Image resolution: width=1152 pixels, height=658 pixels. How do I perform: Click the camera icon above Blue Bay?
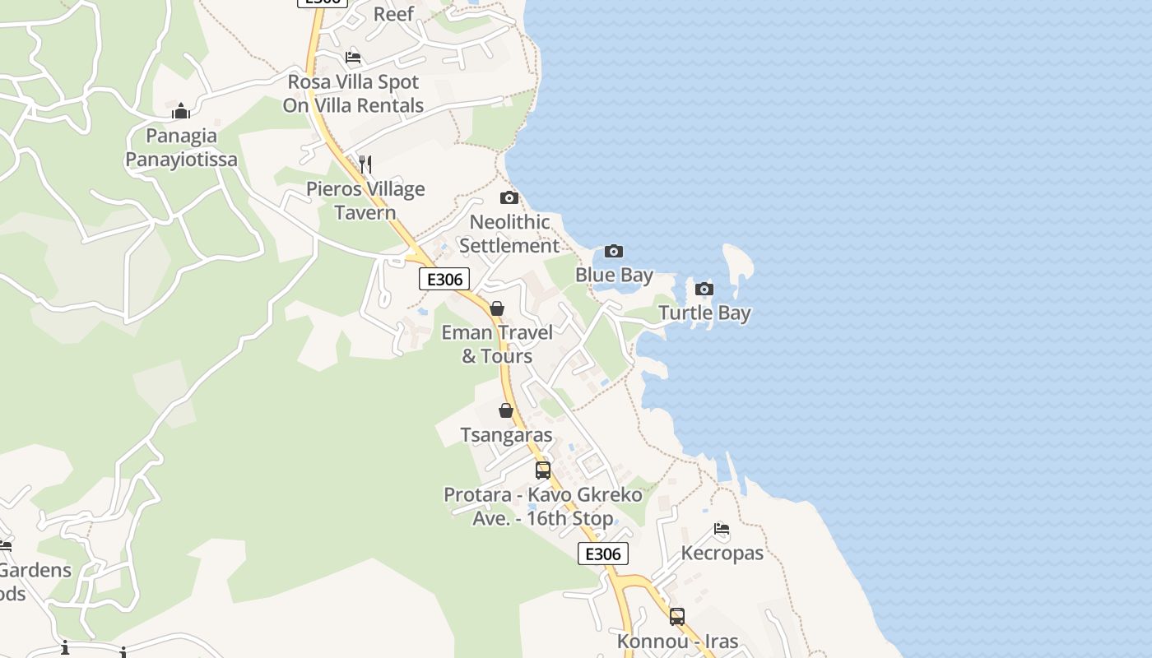[x=614, y=251]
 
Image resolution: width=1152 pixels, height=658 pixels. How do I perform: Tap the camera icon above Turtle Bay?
[x=704, y=289]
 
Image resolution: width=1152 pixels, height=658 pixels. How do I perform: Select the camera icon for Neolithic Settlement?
[x=509, y=197]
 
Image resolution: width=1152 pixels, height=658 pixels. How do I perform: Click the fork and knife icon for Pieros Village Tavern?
[x=365, y=164]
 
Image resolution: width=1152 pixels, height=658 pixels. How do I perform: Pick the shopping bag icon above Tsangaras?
[x=506, y=410]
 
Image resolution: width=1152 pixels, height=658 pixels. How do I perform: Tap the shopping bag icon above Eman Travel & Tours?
[x=497, y=308]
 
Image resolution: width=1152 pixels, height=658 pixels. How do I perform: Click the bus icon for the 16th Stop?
[x=543, y=470]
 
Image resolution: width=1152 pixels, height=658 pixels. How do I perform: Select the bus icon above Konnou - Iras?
[x=677, y=616]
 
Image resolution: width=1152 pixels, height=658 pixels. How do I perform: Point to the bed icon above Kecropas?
[x=722, y=529]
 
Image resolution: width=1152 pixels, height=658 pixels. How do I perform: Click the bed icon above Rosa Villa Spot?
[x=353, y=58]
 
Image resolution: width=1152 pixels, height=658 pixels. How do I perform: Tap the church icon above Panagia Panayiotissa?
[x=181, y=111]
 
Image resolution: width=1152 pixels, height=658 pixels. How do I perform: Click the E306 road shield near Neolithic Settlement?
[x=444, y=279]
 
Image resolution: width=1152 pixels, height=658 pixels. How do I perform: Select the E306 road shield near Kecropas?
[x=603, y=554]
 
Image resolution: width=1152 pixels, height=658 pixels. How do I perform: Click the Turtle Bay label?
[x=704, y=313]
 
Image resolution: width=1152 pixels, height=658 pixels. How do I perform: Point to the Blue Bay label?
[x=614, y=275]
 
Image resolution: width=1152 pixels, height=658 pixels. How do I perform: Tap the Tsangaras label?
[x=506, y=434]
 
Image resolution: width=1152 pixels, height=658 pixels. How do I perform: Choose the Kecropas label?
[x=722, y=553]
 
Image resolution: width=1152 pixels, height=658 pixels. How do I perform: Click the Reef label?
[x=393, y=14]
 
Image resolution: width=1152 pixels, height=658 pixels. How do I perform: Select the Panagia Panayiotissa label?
[x=181, y=147]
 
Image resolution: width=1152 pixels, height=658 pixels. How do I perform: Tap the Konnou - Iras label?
[x=677, y=641]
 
